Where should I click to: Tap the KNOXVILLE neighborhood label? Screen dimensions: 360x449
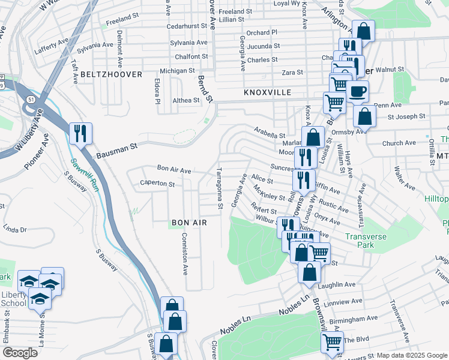(268, 93)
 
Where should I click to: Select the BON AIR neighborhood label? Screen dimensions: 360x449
(189, 223)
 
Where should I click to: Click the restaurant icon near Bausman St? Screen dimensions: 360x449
(80, 133)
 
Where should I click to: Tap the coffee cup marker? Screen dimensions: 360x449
(358, 92)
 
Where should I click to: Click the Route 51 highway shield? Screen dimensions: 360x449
(30, 106)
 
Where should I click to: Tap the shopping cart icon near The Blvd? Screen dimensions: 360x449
(332, 342)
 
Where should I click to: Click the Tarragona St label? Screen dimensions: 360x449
(220, 188)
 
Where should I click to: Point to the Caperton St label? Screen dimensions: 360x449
(157, 184)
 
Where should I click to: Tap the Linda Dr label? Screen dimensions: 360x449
(16, 229)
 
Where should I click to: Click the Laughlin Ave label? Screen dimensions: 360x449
(338, 284)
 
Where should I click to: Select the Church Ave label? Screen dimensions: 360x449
(399, 143)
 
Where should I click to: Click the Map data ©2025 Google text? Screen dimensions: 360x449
(412, 355)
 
